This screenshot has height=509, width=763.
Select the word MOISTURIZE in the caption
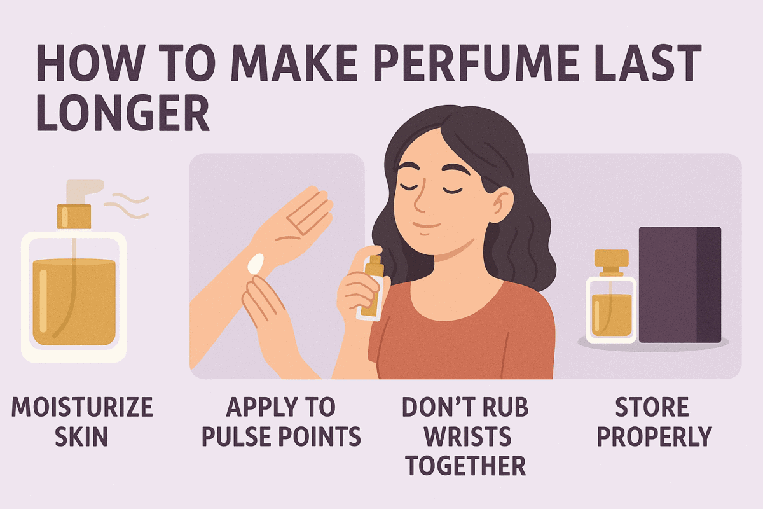(x=82, y=408)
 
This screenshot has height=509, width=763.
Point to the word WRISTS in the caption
(x=465, y=437)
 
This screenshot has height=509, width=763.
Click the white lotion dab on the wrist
(x=256, y=263)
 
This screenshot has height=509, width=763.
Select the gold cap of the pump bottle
(x=74, y=216)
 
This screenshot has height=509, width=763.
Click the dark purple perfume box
(x=679, y=284)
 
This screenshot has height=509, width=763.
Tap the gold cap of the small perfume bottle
(x=611, y=258)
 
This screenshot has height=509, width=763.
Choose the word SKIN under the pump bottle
(x=81, y=437)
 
